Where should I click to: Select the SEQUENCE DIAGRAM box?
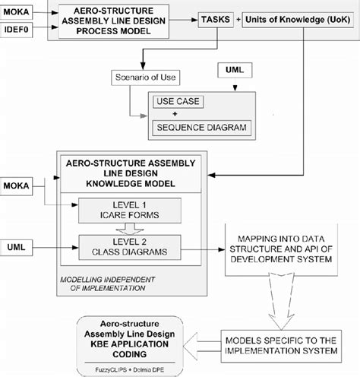point(201,127)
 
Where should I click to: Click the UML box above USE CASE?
point(233,70)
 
